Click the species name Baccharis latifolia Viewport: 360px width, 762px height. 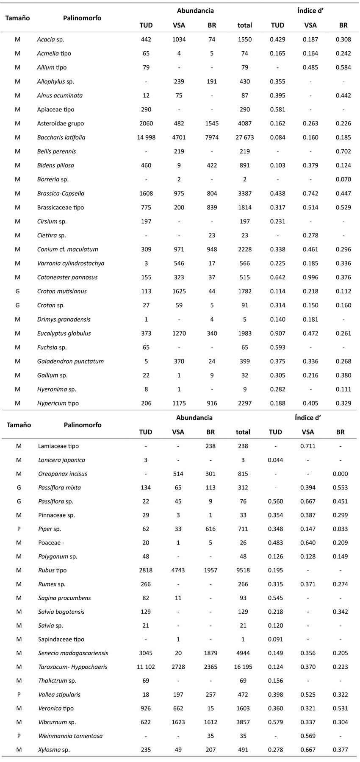tap(61, 137)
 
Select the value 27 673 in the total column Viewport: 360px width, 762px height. tap(244, 137)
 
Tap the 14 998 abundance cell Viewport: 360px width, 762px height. tap(146, 137)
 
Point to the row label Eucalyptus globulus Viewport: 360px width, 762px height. tap(64, 333)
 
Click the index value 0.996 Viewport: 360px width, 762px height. tap(310, 277)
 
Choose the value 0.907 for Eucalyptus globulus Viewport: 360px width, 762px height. tap(277, 333)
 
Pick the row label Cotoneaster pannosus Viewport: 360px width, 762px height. tap(67, 277)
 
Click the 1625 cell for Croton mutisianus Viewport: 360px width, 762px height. tap(179, 291)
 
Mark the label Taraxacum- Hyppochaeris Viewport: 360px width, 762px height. tap(72, 667)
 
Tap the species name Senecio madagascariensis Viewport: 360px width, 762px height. tap(73, 653)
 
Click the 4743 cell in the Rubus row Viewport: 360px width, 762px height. tap(178, 570)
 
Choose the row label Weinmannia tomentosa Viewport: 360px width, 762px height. tap(70, 736)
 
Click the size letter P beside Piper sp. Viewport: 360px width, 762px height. tap(19, 529)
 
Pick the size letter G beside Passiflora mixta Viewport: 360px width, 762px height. tap(19, 487)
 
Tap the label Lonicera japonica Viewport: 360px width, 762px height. tap(61, 460)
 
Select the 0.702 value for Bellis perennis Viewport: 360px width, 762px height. tap(343, 151)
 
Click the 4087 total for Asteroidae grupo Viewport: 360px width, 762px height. tap(244, 123)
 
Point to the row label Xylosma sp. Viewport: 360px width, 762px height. tap(54, 750)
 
